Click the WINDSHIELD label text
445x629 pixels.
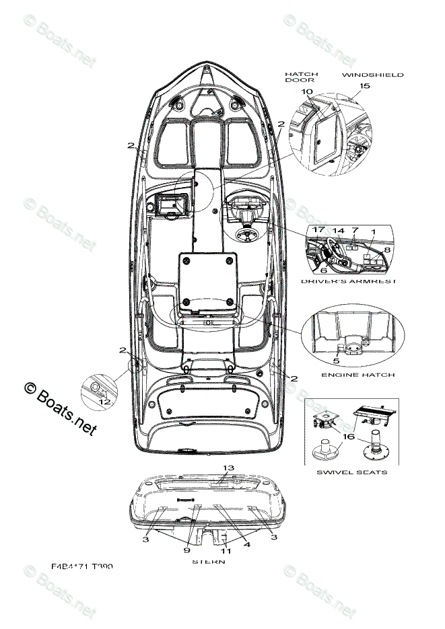pyautogui.click(x=372, y=75)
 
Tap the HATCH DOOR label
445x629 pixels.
pyautogui.click(x=301, y=77)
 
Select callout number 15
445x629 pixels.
pyautogui.click(x=364, y=86)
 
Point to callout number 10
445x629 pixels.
pyautogui.click(x=307, y=91)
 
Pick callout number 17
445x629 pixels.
pyautogui.click(x=318, y=230)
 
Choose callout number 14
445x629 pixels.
pyautogui.click(x=338, y=230)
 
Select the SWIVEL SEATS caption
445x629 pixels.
pyautogui.click(x=352, y=472)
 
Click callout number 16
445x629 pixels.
pyautogui.click(x=348, y=437)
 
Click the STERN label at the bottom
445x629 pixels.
pyautogui.click(x=208, y=561)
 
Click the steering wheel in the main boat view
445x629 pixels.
pyautogui.click(x=246, y=235)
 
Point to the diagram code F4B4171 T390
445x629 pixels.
pyautogui.click(x=81, y=567)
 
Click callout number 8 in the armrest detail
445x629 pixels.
pyautogui.click(x=386, y=250)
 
